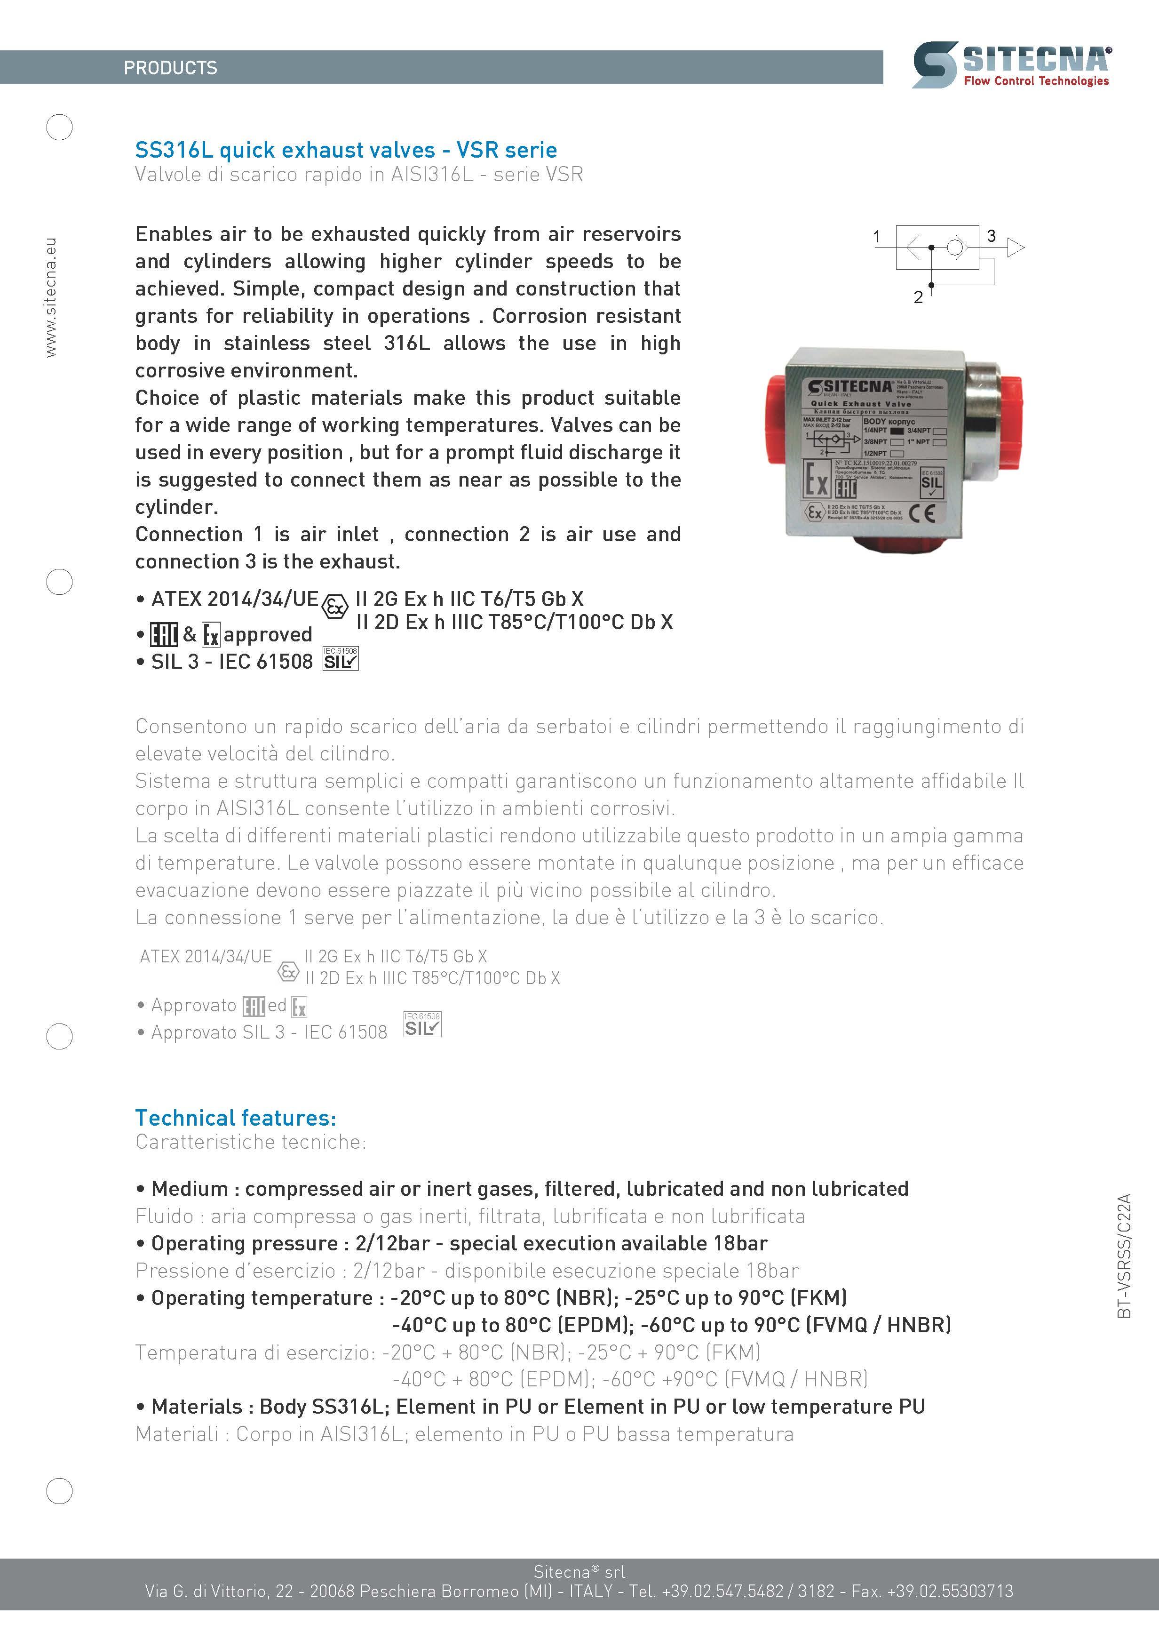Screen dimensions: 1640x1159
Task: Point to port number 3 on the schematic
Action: pos(991,236)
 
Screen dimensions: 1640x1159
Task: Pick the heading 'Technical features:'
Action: pos(235,1117)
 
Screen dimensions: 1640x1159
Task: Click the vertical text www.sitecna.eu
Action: pos(51,298)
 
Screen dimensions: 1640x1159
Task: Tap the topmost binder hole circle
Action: pos(59,127)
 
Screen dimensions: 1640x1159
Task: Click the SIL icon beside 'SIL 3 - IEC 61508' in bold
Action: pos(341,658)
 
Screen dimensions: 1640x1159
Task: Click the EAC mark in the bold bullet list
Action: pos(164,634)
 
